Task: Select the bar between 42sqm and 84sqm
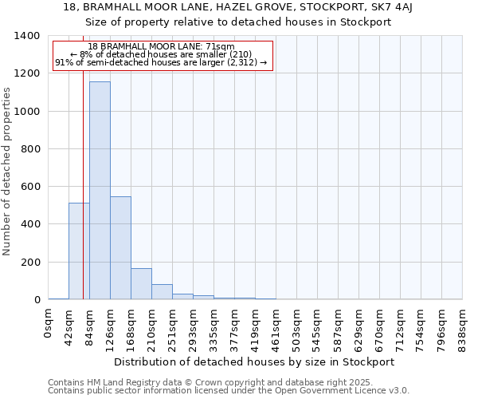[79, 251]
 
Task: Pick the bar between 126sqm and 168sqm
[120, 247]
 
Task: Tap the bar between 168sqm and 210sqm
[141, 283]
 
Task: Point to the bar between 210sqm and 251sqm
[162, 291]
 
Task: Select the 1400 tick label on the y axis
[27, 36]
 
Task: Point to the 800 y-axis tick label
[30, 149]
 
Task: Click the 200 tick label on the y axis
[30, 263]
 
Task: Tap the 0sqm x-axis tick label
[49, 325]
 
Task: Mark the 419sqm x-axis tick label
[256, 326]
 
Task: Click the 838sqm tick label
[463, 326]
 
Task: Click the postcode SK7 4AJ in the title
[409, 7]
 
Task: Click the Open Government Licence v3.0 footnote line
[229, 391]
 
